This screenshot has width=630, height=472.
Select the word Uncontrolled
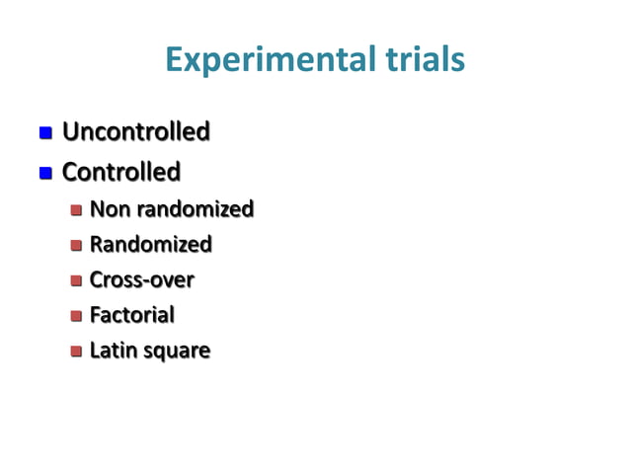tap(135, 131)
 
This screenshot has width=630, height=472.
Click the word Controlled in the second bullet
tap(120, 173)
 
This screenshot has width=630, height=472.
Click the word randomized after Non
tap(195, 209)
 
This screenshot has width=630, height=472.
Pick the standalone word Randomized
tap(150, 244)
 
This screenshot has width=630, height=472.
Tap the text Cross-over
tap(141, 279)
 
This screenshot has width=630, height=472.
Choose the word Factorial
tap(131, 315)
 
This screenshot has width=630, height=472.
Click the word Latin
tap(112, 351)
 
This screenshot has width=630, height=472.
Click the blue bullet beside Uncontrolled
tap(44, 132)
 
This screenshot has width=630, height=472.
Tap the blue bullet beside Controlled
tap(44, 174)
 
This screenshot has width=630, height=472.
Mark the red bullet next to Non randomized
tap(76, 210)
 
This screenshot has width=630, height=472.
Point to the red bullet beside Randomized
tap(76, 245)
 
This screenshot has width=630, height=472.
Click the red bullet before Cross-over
tap(76, 280)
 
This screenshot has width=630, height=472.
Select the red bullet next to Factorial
tap(76, 316)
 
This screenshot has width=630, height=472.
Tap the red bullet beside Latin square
tap(76, 352)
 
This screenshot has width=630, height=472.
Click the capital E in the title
tap(176, 61)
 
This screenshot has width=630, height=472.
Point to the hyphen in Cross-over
tap(146, 281)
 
